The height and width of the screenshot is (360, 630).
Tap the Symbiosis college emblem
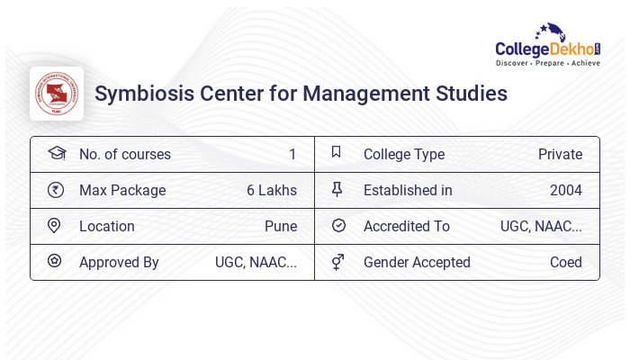[57, 94]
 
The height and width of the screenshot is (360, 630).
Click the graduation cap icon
[56, 154]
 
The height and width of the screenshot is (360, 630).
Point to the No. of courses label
[124, 155]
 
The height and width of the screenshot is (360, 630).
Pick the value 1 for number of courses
[292, 155]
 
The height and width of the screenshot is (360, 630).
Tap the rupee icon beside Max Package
[56, 190]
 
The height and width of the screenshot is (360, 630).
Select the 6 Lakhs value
[272, 191]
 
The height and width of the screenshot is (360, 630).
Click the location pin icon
[55, 226]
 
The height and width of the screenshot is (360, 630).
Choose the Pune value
[281, 227]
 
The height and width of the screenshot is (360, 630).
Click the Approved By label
[119, 263]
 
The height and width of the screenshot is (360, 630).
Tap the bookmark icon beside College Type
[337, 153]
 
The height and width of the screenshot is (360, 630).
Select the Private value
[560, 155]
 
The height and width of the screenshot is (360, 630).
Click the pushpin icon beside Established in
[337, 190]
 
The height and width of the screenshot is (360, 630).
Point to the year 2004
[566, 191]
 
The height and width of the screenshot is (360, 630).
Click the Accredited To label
[407, 227]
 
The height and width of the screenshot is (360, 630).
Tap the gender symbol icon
[337, 262]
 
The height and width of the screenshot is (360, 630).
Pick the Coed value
[566, 263]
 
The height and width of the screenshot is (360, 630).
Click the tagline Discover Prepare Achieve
[548, 63]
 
